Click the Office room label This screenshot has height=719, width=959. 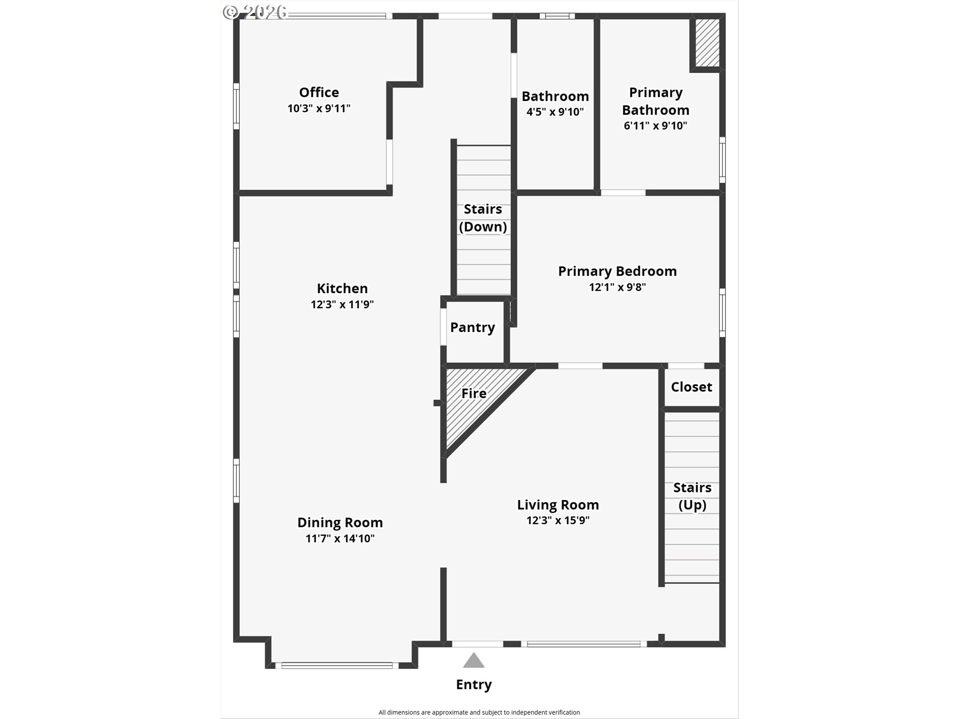[319, 92]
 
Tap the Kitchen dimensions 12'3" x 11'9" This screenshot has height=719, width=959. [342, 304]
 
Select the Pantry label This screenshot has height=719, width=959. [473, 328]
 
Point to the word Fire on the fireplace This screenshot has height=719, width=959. [474, 393]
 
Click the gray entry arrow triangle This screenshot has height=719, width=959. [474, 661]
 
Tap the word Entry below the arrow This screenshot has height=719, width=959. [474, 685]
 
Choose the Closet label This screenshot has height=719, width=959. [691, 387]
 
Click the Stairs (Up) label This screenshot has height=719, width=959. [692, 496]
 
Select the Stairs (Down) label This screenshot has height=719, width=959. [483, 218]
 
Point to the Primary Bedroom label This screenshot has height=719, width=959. [617, 271]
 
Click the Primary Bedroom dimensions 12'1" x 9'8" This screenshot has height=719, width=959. [617, 287]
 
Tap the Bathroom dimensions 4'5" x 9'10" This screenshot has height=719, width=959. [555, 112]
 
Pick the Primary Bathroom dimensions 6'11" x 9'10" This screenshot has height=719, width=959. [655, 126]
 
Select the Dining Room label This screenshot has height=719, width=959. [340, 522]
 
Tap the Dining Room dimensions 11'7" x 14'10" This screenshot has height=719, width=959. [340, 538]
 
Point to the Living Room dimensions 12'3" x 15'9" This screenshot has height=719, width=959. [558, 520]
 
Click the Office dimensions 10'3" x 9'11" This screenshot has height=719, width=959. [319, 108]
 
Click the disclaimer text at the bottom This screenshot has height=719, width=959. [479, 713]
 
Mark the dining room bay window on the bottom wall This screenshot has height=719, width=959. [337, 665]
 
